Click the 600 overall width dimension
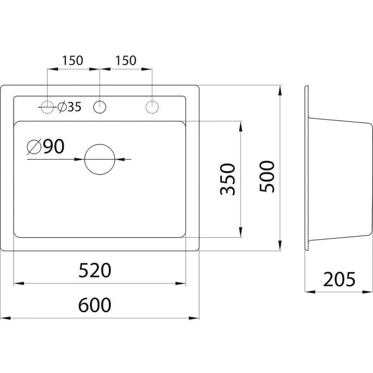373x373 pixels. coord(95,305)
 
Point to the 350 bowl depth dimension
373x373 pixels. coord(227,179)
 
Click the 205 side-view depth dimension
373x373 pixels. coord(339,279)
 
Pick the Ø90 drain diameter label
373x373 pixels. coord(46,147)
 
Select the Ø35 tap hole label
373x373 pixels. coord(69,107)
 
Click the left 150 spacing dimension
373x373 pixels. coord(73,60)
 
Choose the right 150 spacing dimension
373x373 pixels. coord(126,60)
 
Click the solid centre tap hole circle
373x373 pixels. coord(100,107)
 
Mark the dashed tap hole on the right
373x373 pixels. coord(152,107)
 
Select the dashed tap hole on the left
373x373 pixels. coord(47,107)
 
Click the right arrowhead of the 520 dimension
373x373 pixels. coord(182,283)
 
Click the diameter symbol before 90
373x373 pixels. coord(34,147)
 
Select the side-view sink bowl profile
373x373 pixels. coord(339,179)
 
